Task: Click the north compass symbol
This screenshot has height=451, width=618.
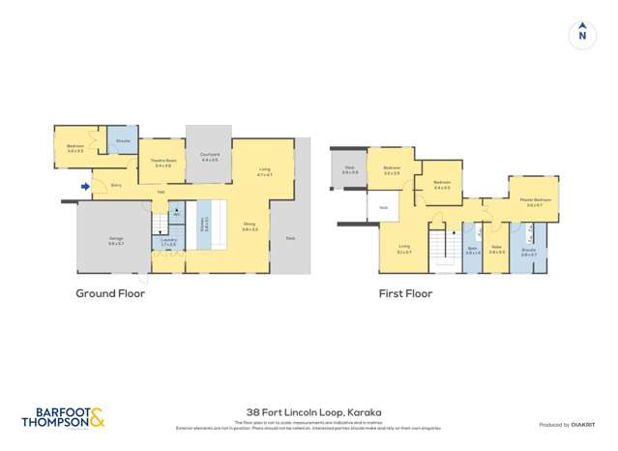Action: [581, 34]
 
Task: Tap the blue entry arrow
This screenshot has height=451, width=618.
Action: [85, 186]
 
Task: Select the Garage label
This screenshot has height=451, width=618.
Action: [116, 242]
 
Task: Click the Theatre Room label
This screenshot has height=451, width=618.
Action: [163, 163]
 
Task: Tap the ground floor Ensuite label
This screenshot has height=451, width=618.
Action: [123, 141]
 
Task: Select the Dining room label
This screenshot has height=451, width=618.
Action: [250, 227]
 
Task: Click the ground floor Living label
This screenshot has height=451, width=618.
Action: [263, 171]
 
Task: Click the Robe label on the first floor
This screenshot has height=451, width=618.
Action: [496, 248]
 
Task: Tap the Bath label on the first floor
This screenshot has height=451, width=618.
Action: [472, 249]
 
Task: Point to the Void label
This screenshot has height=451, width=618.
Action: [383, 207]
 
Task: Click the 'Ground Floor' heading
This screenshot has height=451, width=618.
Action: [110, 293]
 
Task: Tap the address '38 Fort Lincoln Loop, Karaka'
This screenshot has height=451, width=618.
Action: [309, 410]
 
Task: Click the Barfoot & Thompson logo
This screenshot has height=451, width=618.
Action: [62, 417]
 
